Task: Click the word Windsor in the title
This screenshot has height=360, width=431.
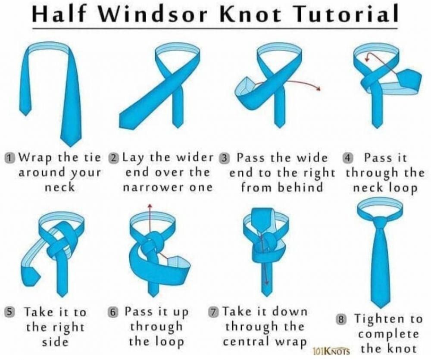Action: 152,14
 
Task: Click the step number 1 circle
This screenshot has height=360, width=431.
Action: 10,158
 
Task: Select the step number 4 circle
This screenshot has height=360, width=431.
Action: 348,158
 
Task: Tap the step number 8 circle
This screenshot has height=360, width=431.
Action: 341,319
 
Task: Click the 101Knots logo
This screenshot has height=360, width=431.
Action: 331,351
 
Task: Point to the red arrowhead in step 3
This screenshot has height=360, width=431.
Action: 319,88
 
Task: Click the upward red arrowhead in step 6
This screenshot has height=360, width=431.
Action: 150,206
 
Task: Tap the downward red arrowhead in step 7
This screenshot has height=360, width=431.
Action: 266,283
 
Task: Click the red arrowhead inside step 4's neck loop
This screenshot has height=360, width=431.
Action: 367,58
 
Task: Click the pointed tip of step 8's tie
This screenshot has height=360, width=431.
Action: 381,308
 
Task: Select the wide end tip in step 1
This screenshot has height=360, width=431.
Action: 71,146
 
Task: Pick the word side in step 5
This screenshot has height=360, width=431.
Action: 55,342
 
